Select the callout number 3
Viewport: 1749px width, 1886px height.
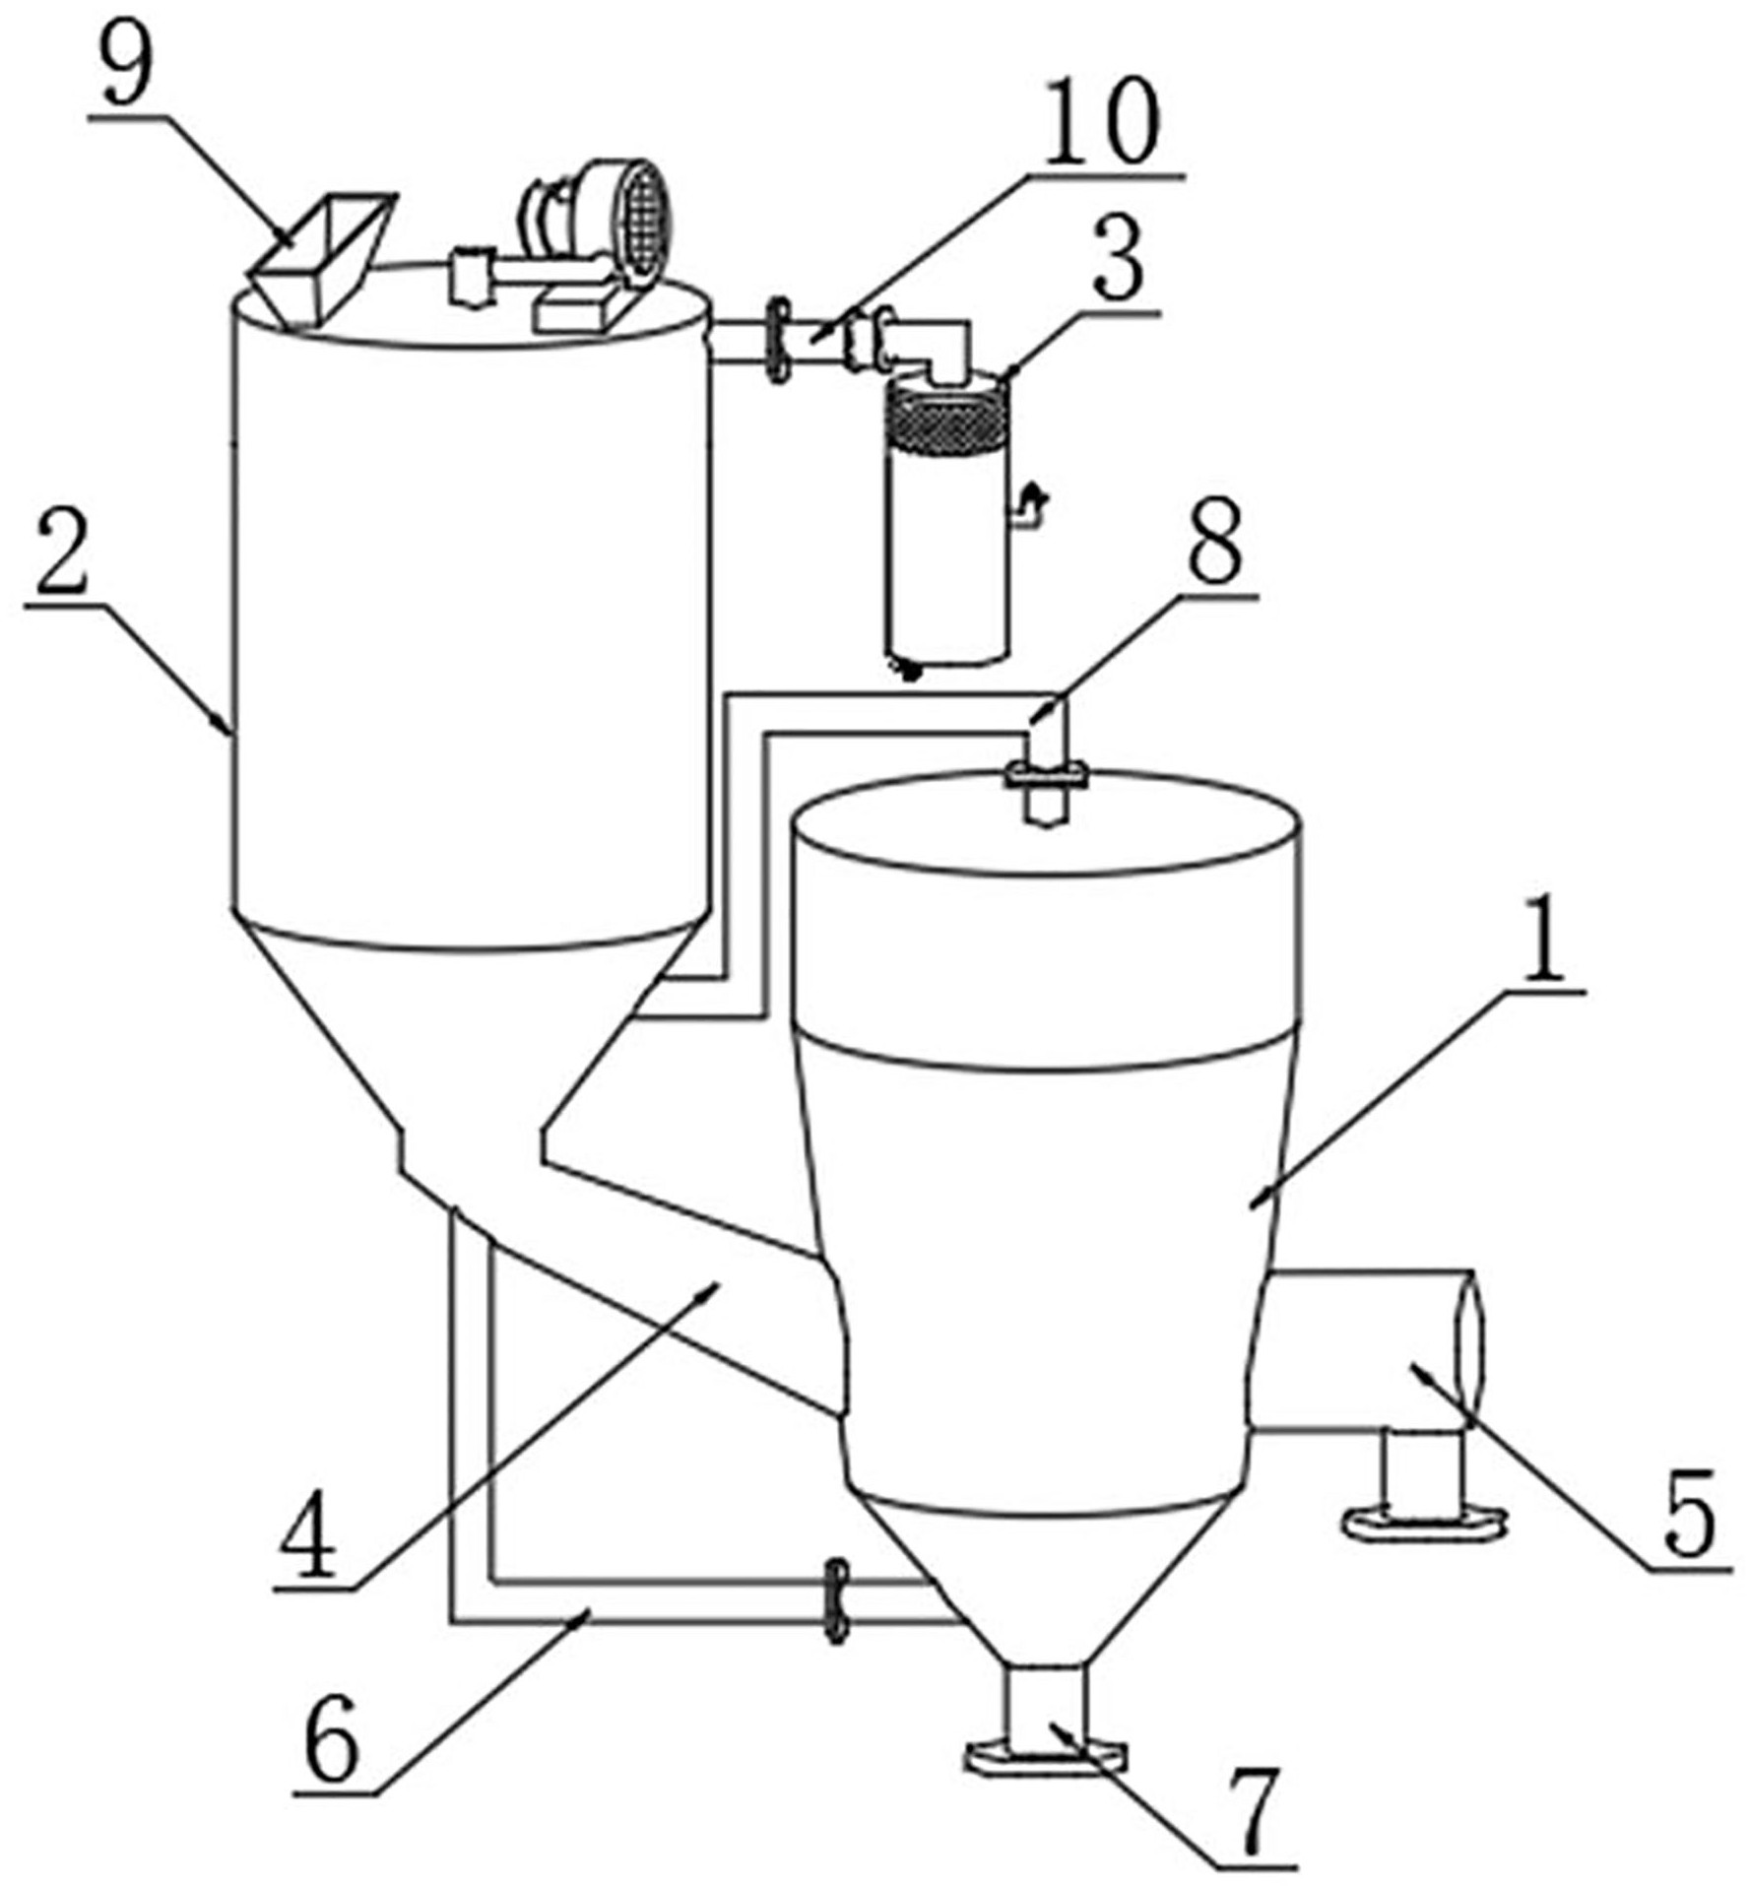click(x=1120, y=260)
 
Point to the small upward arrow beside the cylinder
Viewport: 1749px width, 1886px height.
click(x=1030, y=503)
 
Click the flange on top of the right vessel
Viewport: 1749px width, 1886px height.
click(x=1045, y=775)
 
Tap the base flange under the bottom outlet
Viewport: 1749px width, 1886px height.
click(x=1047, y=1756)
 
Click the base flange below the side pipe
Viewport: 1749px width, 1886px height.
click(x=1425, y=1523)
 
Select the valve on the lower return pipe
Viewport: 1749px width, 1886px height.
click(x=837, y=1600)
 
